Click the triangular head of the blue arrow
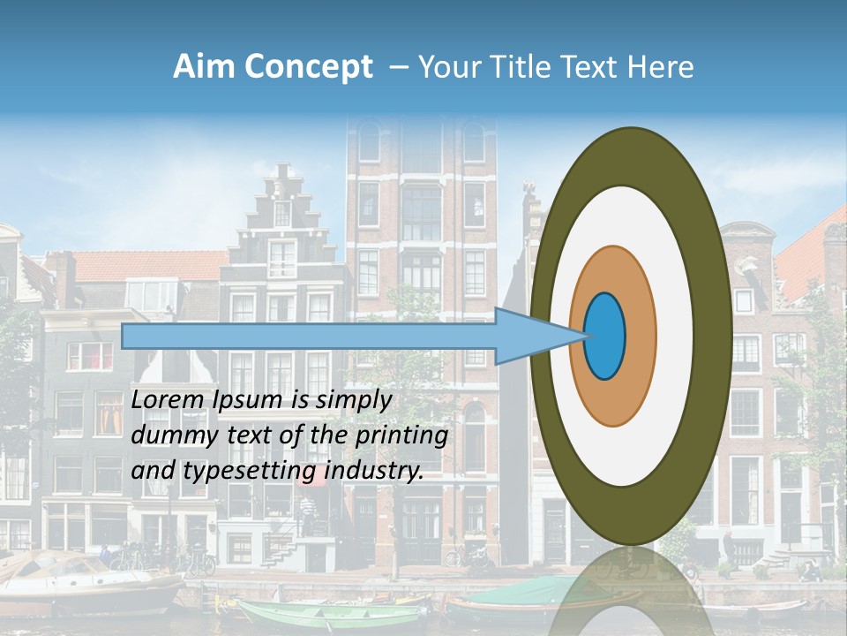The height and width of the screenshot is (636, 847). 534,337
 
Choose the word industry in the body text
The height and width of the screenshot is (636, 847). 374,471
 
